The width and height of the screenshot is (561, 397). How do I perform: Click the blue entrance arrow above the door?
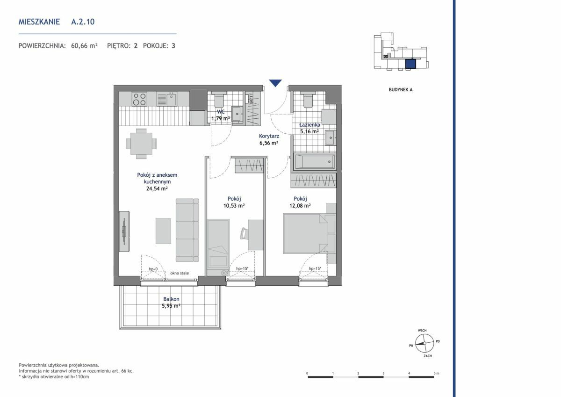[275, 83]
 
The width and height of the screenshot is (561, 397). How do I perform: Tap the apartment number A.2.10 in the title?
[83, 22]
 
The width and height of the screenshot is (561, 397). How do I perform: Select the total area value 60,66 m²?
[84, 46]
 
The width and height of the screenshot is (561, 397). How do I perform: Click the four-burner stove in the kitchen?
[140, 99]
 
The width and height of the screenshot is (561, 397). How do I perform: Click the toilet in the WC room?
[219, 100]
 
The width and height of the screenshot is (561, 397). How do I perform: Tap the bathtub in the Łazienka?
[315, 161]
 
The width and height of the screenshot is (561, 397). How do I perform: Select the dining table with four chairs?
[141, 144]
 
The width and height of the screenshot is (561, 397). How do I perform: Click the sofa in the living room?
[187, 230]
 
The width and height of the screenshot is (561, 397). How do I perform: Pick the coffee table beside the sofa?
[163, 231]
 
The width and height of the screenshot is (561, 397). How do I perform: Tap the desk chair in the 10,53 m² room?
[244, 233]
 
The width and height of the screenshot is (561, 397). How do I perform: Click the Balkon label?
[171, 299]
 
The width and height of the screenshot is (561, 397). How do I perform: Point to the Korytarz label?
[269, 136]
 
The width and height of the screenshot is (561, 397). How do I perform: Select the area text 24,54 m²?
[157, 188]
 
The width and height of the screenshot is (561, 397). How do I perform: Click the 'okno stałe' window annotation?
[180, 273]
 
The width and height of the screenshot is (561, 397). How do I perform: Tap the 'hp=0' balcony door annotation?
[153, 269]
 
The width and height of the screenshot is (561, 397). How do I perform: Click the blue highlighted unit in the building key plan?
[410, 64]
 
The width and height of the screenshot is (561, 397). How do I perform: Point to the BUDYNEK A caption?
[401, 90]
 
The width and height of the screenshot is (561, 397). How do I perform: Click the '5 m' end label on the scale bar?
[436, 373]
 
